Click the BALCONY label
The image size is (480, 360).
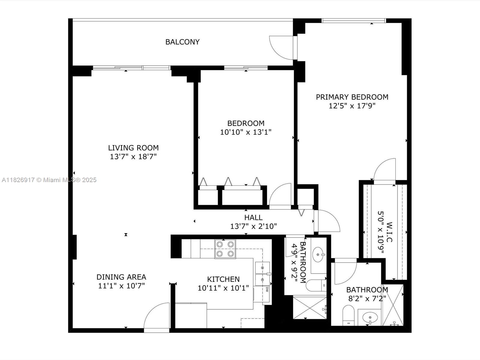pyautogui.click(x=182, y=42)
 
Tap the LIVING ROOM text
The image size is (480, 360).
pyautogui.click(x=133, y=148)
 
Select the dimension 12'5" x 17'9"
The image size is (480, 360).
pyautogui.click(x=352, y=106)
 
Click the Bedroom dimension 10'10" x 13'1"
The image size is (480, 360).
pyautogui.click(x=246, y=132)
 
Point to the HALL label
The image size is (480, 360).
pyautogui.click(x=253, y=217)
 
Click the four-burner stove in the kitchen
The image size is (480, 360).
pyautogui.click(x=225, y=249)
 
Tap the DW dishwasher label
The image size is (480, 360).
pyautogui.click(x=267, y=289)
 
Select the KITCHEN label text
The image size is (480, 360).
pyautogui.click(x=223, y=279)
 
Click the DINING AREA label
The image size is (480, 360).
pyautogui.click(x=121, y=277)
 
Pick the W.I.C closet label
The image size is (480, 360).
pyautogui.click(x=389, y=232)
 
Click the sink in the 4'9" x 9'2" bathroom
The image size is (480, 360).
pyautogui.click(x=318, y=255)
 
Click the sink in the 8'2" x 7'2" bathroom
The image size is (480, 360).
pyautogui.click(x=370, y=317)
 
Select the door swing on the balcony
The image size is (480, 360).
pyautogui.click(x=281, y=47)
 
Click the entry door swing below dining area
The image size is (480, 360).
pyautogui.click(x=157, y=316)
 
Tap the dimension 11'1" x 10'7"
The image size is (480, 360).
pyautogui.click(x=121, y=286)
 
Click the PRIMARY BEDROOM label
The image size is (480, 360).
pyautogui.click(x=352, y=97)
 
